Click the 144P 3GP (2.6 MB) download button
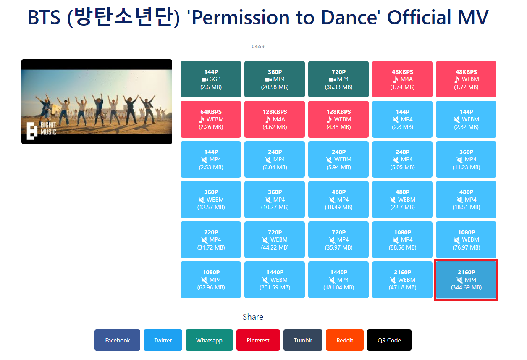pos(210,79)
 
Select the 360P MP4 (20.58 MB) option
pos(275,79)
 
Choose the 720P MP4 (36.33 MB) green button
pos(338,79)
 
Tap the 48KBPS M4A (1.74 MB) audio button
pos(402,79)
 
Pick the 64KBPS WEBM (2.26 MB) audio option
pos(210,119)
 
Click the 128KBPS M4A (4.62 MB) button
pos(275,119)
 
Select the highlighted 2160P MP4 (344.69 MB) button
pos(466,280)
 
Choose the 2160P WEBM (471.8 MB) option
pos(402,280)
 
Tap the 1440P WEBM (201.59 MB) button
pos(275,280)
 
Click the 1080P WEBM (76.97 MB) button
pos(466,239)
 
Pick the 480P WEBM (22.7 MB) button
pos(402,200)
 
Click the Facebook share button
pos(118,340)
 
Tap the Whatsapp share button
pos(209,340)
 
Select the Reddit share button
pos(345,340)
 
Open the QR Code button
pos(389,340)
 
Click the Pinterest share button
pos(258,340)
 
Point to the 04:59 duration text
pos(258,47)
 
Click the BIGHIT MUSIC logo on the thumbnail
pos(42,130)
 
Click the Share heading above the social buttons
pos(253,317)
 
